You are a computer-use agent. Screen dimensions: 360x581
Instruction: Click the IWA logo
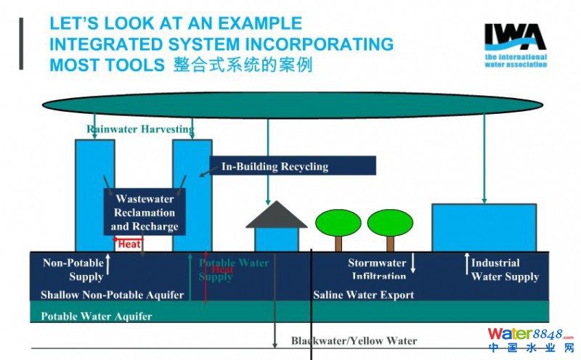(516, 45)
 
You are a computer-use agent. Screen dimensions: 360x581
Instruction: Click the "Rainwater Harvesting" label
(141, 130)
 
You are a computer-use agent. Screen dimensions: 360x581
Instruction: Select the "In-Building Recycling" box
(293, 166)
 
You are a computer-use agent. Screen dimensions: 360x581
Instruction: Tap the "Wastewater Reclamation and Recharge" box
(145, 212)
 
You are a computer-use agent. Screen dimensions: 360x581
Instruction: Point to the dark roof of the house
(276, 216)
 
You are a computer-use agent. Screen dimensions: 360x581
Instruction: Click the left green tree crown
(338, 222)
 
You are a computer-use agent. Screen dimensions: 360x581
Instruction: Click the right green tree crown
(390, 222)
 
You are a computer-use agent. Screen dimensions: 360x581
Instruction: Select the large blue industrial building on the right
(484, 227)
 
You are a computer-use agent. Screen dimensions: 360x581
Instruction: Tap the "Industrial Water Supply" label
(505, 269)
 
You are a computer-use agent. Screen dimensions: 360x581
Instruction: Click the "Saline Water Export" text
(363, 295)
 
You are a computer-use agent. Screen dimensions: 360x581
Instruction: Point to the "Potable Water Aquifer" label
(97, 316)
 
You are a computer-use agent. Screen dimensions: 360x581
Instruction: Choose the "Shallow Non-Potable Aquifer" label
(112, 295)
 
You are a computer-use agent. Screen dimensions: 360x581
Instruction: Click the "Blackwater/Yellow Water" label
(354, 341)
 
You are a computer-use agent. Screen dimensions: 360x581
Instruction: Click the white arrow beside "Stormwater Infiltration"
(413, 263)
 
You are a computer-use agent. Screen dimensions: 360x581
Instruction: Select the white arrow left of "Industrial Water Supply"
(466, 263)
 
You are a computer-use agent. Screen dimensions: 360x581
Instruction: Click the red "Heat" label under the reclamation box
(129, 245)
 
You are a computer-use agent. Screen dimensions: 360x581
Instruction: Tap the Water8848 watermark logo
(529, 338)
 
